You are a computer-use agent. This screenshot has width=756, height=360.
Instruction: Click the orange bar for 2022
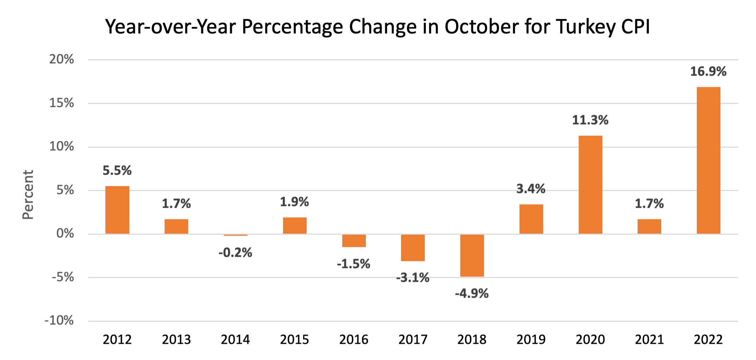click(x=708, y=160)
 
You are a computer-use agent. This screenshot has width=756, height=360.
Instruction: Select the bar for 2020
click(x=590, y=185)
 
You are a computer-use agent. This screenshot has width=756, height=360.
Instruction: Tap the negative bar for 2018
click(x=472, y=255)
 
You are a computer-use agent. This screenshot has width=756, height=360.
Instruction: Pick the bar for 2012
click(x=117, y=210)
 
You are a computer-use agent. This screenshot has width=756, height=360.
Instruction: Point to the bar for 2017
click(x=413, y=248)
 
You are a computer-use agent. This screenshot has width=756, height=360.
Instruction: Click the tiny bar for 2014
click(x=235, y=235)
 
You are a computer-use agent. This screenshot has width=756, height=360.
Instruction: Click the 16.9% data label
click(x=708, y=72)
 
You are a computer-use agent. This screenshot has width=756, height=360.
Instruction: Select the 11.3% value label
click(x=590, y=120)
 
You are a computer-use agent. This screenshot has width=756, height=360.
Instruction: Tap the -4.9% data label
click(x=472, y=293)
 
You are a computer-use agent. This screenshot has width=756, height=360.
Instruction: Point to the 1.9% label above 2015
click(x=294, y=202)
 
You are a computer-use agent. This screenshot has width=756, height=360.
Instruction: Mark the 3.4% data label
click(x=531, y=189)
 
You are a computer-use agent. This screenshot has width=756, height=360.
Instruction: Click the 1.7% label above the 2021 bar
click(x=649, y=204)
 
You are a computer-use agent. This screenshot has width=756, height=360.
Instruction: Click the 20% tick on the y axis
click(x=62, y=59)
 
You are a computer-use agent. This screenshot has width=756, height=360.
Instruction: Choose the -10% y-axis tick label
click(x=59, y=321)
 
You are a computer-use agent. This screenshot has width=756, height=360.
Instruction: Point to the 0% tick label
click(x=65, y=234)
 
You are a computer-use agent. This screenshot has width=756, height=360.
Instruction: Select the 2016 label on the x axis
click(x=354, y=340)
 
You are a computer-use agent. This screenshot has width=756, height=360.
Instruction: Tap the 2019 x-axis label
click(x=531, y=340)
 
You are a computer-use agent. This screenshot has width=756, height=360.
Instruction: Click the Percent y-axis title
click(x=28, y=195)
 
